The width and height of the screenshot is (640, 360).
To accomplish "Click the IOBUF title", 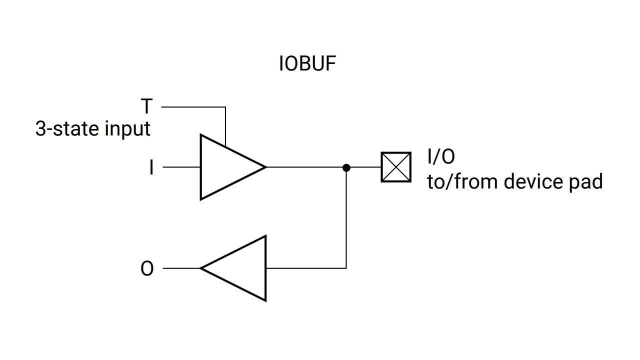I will click(307, 64).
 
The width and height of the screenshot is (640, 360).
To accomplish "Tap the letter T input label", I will click(146, 106).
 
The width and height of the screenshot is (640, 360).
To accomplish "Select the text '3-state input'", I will click(93, 129).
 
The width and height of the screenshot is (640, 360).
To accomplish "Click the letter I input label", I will click(151, 167).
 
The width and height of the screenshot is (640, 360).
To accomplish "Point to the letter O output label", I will click(147, 269).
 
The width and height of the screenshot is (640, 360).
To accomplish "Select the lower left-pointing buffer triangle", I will click(240, 268).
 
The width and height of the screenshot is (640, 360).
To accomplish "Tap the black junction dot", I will click(346, 167).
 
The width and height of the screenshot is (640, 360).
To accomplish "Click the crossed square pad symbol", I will click(396, 167).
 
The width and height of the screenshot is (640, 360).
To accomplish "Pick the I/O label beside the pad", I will click(441, 156).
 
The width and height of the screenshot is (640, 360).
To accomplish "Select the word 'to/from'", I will click(462, 181).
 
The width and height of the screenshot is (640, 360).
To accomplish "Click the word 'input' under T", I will click(127, 129).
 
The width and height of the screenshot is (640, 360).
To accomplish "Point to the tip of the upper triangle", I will click(265, 167).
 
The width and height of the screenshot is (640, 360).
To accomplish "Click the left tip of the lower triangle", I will click(201, 268).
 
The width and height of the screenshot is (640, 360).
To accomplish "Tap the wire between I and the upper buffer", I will click(181, 167).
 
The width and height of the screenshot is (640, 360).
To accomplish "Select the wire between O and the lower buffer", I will click(181, 268).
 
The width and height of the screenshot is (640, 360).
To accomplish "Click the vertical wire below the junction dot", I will click(346, 220).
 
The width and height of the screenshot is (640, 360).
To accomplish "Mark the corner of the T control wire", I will click(225, 107).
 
